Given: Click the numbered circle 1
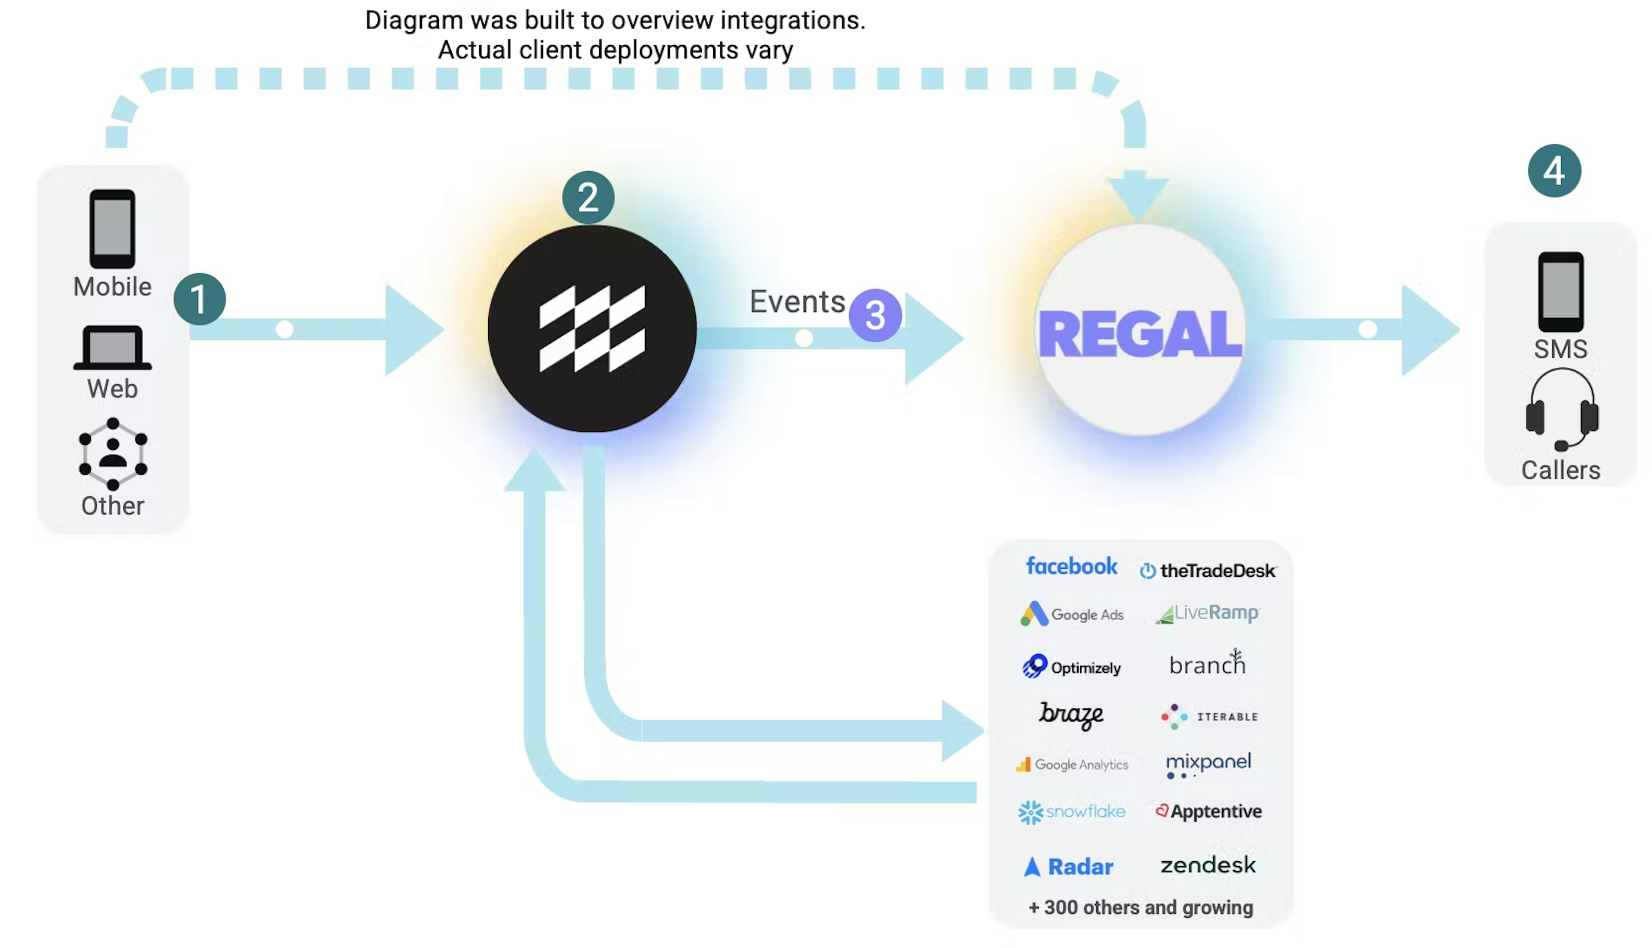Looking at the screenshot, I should [x=199, y=299].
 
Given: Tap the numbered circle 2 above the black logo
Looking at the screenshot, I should [x=588, y=197].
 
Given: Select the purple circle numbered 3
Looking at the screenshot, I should [x=875, y=316].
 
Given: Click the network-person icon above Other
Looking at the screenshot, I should [x=113, y=454].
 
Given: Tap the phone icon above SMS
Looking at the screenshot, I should [x=1560, y=292].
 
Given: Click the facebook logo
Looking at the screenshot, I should [x=1071, y=566].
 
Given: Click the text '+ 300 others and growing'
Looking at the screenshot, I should [x=1140, y=908].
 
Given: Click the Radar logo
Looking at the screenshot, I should [x=1069, y=867].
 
